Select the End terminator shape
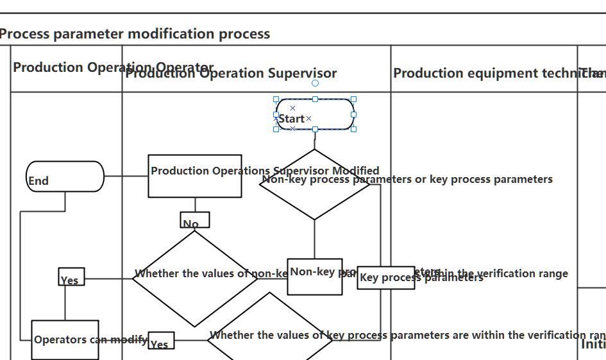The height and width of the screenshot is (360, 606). (x=65, y=176)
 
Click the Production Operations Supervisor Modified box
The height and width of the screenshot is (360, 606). (x=195, y=176)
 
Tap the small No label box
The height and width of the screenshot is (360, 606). (x=194, y=220)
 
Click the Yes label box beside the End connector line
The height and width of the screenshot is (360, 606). (x=71, y=277)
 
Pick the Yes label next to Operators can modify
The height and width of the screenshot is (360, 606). (x=160, y=341)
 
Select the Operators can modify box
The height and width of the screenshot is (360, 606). (x=65, y=339)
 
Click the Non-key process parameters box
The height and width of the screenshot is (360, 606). (x=314, y=277)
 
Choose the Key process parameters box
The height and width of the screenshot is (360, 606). (x=385, y=278)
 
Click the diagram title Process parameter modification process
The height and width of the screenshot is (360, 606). (x=135, y=34)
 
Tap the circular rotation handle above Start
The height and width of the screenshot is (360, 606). (x=315, y=83)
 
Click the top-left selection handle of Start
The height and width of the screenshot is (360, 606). (x=276, y=99)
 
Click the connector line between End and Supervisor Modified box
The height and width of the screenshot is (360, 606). (x=126, y=176)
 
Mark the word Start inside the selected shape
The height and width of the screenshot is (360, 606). (x=292, y=119)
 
